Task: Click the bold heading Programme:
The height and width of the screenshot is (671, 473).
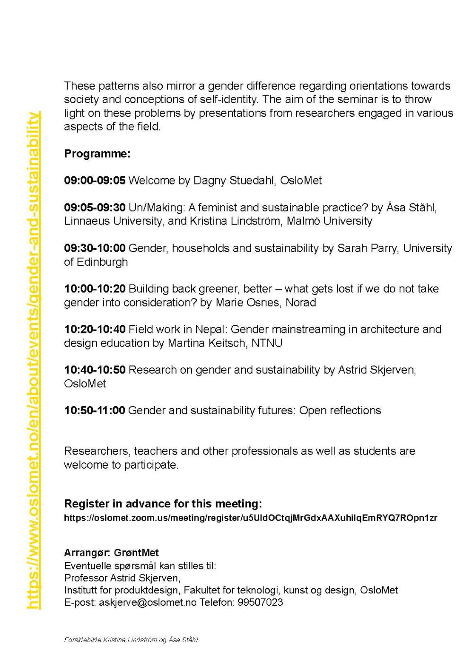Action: (x=97, y=154)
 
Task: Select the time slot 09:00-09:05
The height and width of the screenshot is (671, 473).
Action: (x=95, y=180)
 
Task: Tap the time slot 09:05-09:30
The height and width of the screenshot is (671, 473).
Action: (x=95, y=208)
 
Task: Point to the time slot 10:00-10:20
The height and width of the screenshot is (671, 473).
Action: (x=95, y=289)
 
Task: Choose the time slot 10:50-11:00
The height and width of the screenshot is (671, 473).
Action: (x=95, y=410)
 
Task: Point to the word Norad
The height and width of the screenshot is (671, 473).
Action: (x=301, y=302)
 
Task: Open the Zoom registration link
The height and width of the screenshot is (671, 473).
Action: (x=250, y=518)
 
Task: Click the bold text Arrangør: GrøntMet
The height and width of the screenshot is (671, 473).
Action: (x=111, y=553)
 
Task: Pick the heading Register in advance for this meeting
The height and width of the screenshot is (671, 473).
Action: (x=163, y=503)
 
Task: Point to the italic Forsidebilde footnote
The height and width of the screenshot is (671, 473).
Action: (x=131, y=640)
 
